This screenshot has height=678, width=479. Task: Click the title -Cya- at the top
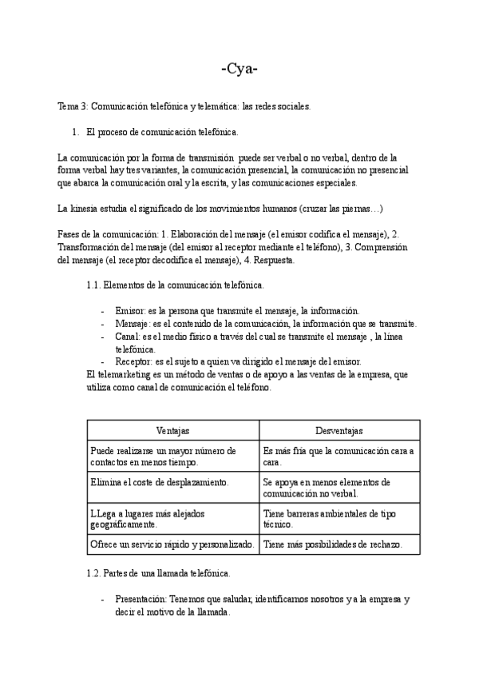point(239,69)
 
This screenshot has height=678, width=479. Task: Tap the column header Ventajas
point(172,430)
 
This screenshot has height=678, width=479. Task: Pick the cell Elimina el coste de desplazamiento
point(160,482)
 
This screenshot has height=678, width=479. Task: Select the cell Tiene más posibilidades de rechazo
point(331,544)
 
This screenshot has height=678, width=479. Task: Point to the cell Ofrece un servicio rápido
point(172,544)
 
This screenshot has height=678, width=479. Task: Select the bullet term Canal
point(127,337)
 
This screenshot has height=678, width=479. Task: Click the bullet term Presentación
point(141,599)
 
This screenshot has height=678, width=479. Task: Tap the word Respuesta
point(275,260)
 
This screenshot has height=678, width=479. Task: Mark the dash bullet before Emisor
point(103,310)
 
